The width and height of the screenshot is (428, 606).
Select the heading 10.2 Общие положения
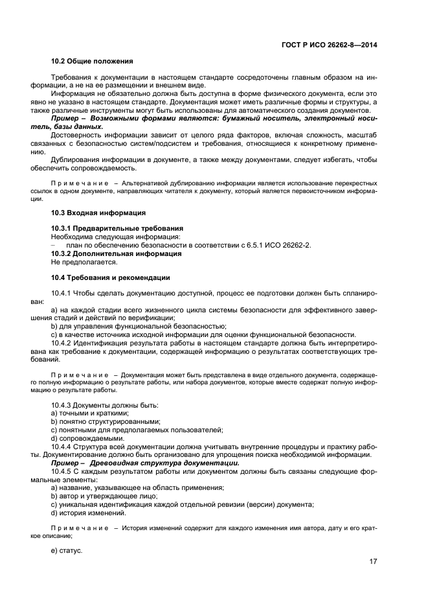[92, 62]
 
